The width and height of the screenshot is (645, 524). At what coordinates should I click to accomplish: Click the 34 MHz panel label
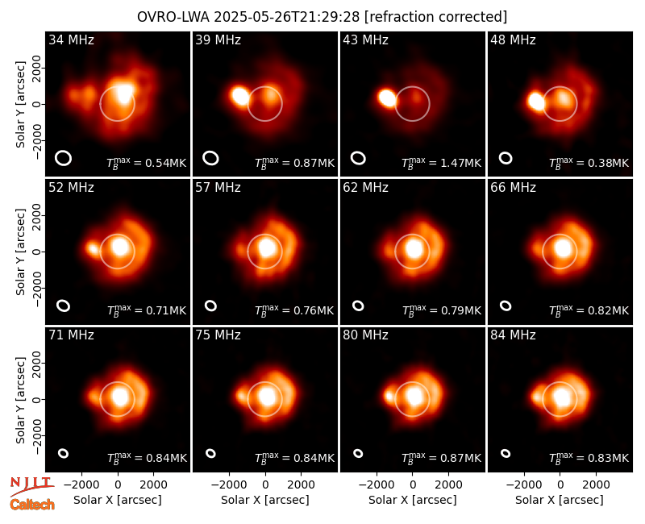point(71,40)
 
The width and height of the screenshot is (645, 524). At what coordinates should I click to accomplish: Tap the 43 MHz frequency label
point(366,40)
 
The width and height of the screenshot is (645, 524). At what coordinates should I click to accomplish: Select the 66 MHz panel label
point(513,188)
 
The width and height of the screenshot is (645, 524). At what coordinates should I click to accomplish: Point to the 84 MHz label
point(513,335)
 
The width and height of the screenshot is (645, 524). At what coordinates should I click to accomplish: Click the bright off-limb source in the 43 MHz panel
point(387,98)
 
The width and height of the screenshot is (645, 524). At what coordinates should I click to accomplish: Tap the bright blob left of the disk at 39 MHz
point(240,95)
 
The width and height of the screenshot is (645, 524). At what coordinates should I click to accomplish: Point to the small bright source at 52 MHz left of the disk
point(93,248)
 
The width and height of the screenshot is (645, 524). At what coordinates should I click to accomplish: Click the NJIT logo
point(32,485)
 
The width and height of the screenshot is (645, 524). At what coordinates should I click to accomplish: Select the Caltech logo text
point(32,505)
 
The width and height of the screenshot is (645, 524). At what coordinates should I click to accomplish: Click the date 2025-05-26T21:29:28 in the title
point(287,17)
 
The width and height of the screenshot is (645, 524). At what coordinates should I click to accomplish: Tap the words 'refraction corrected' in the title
point(436,17)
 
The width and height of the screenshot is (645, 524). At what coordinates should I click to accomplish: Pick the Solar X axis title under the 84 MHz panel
point(560,500)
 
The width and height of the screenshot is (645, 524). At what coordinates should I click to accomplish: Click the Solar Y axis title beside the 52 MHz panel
point(20,252)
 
